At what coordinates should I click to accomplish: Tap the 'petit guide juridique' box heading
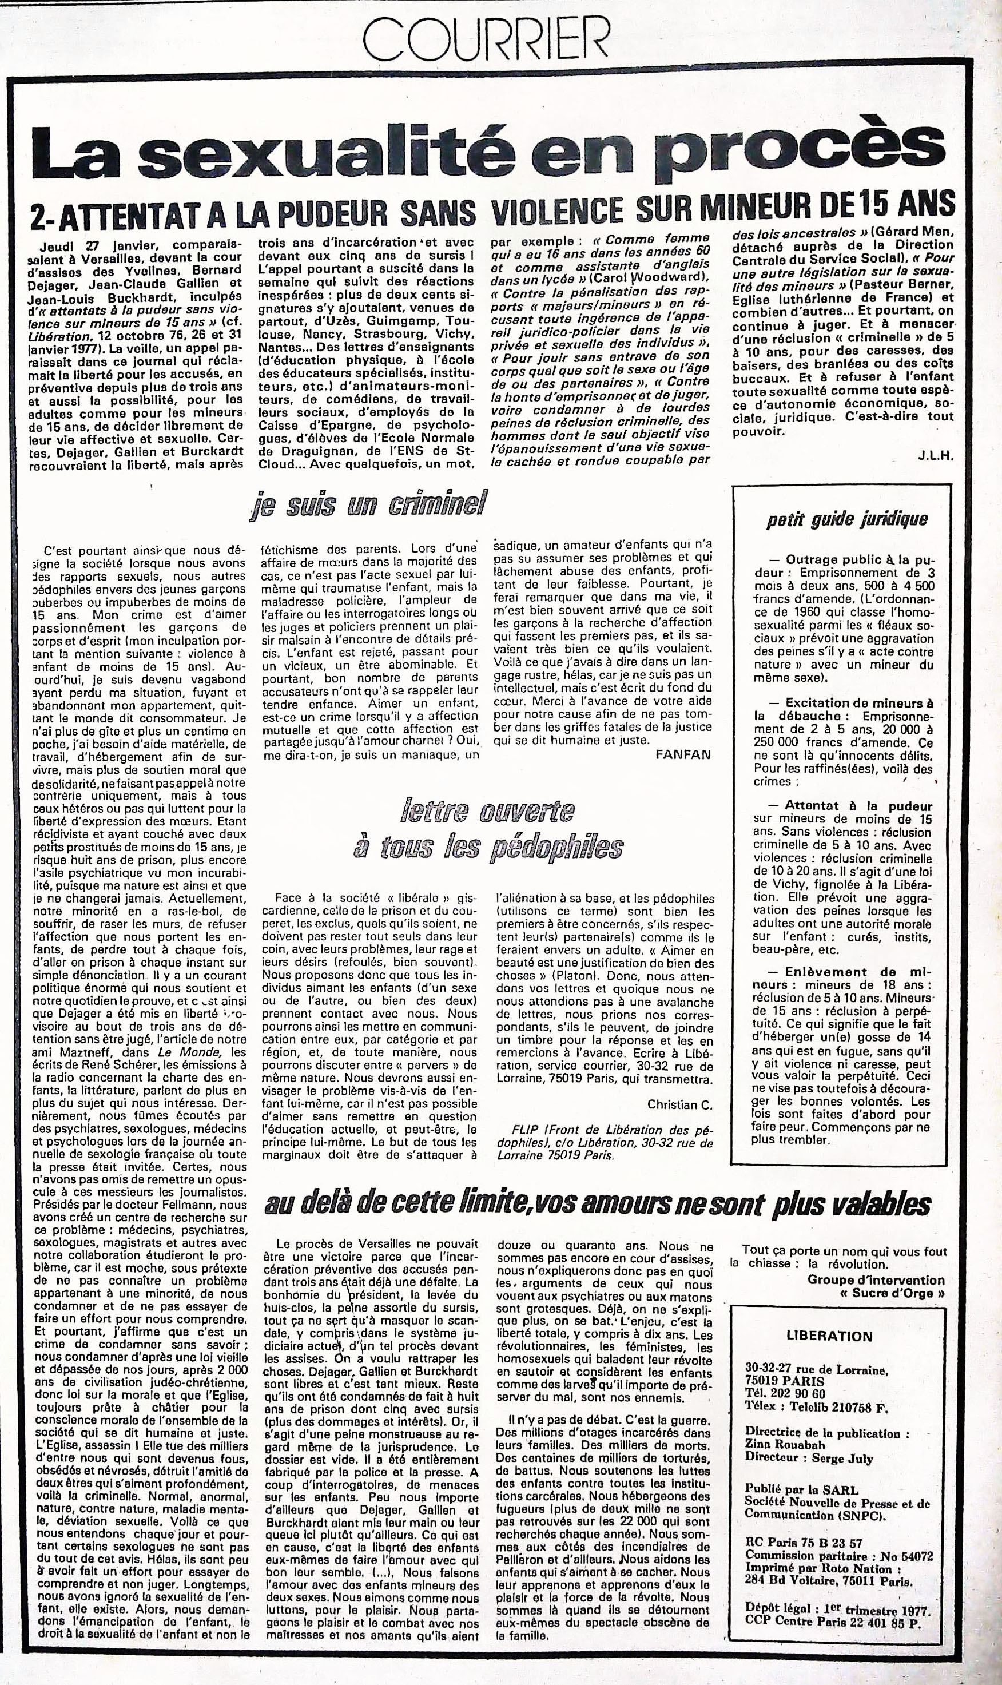[846, 519]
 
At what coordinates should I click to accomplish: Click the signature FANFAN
[683, 754]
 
